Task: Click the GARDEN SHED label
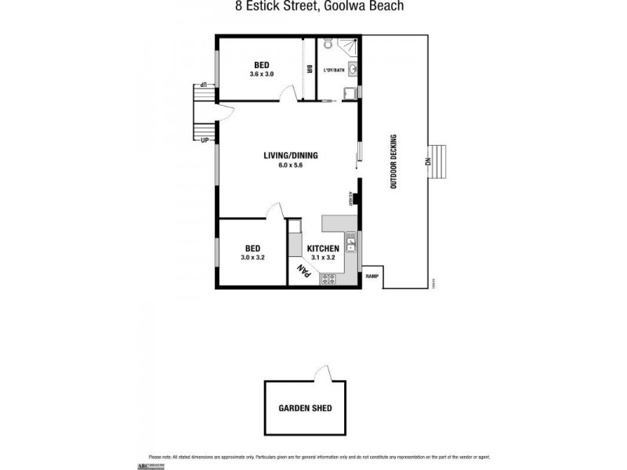coord(306,408)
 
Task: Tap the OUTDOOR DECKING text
coord(396,161)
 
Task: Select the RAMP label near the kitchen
coord(372,275)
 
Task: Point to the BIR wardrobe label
coord(310,69)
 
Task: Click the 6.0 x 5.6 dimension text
coord(290,165)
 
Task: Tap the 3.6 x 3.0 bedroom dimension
coord(261,74)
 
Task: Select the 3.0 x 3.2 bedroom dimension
coord(252,257)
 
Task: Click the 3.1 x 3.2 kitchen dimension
coord(322,257)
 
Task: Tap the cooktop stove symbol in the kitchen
coord(327,277)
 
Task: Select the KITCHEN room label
coord(322,248)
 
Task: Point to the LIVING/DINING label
coord(290,155)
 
